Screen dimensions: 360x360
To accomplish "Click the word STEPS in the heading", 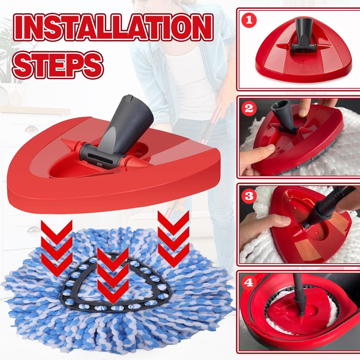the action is tap(58, 64).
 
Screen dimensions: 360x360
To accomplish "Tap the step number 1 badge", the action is tap(249, 20).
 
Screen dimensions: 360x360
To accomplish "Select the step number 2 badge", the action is tap(249, 108).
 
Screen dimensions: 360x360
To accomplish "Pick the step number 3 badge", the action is tap(249, 196).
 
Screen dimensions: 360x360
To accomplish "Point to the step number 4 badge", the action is tap(249, 283).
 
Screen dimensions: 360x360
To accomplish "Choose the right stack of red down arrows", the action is tap(173, 238).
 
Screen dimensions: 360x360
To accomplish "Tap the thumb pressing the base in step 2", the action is tap(264, 152).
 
